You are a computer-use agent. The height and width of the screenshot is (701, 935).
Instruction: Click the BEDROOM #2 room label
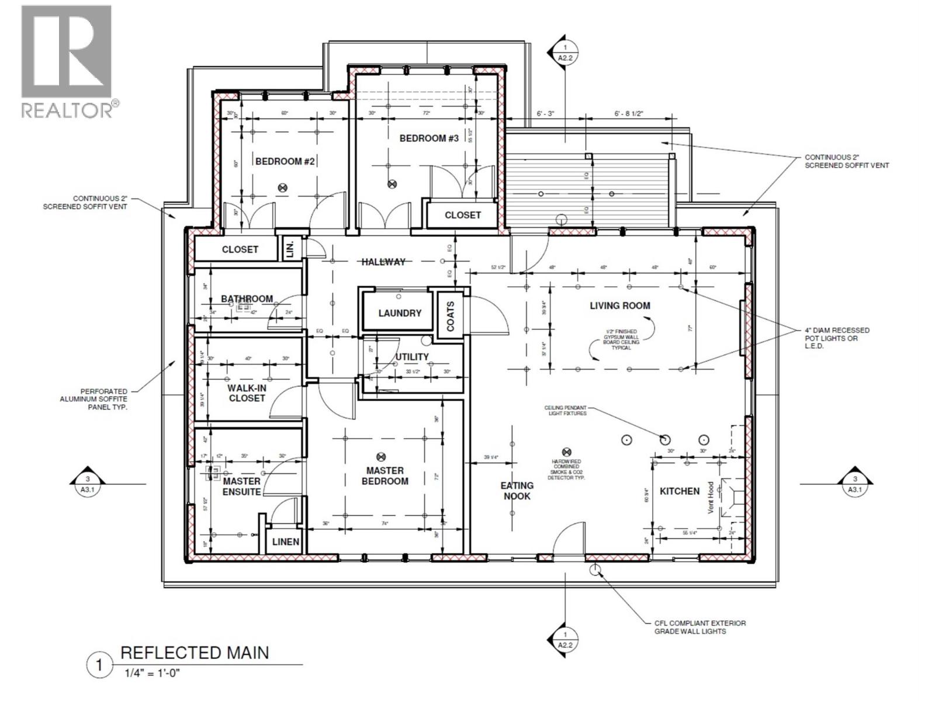pyautogui.click(x=285, y=161)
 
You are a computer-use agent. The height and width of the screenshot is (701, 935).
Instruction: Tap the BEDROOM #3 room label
pyautogui.click(x=429, y=138)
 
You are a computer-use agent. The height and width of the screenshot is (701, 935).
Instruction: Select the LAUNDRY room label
pyautogui.click(x=400, y=313)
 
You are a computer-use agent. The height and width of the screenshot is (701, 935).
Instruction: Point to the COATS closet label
pyautogui.click(x=451, y=316)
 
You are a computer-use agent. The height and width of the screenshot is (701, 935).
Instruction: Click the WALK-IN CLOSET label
pyautogui.click(x=247, y=393)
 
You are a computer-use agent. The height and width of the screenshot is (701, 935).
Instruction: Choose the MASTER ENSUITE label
pyautogui.click(x=241, y=486)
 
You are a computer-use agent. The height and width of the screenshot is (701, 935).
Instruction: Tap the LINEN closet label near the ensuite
pyautogui.click(x=286, y=542)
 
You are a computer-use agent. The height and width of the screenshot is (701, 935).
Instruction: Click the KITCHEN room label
pyautogui.click(x=680, y=491)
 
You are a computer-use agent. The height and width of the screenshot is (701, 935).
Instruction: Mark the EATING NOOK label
pyautogui.click(x=517, y=491)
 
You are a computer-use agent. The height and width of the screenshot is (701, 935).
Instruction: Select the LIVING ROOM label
pyautogui.click(x=619, y=306)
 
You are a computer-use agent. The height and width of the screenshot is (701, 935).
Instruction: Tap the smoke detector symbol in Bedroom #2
pyautogui.click(x=283, y=188)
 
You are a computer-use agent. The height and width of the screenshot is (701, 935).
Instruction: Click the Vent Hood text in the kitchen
pyautogui.click(x=711, y=498)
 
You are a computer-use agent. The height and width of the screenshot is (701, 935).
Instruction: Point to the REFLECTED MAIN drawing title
pyautogui.click(x=195, y=653)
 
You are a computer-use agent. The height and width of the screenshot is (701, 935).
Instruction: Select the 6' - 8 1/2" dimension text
pyautogui.click(x=628, y=114)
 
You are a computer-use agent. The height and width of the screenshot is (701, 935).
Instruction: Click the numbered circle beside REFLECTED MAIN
pyautogui.click(x=99, y=665)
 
